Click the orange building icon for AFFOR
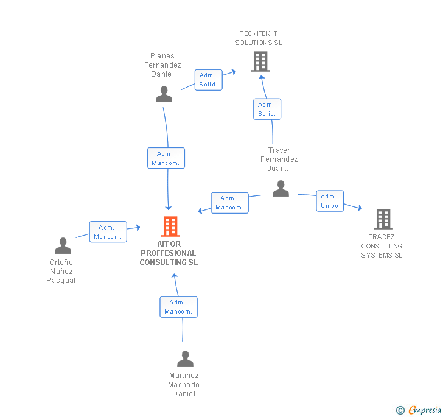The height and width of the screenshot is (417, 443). (x=170, y=226)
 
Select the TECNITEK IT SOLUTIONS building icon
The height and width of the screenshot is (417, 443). (x=260, y=61)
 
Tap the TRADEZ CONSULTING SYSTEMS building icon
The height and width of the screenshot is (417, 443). (x=383, y=219)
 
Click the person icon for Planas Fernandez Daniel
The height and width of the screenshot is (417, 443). (x=164, y=94)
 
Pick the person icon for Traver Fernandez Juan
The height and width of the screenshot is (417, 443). (x=281, y=189)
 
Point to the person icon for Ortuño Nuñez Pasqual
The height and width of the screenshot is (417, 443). (x=63, y=246)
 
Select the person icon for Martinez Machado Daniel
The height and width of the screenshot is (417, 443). (x=185, y=359)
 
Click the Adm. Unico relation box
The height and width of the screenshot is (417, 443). (x=330, y=201)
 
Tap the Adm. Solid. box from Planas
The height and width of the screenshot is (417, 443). (x=208, y=80)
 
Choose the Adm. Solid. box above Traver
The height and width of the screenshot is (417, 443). (x=267, y=109)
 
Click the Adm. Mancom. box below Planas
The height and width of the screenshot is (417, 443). (x=166, y=158)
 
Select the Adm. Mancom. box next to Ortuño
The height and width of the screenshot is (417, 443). (x=108, y=232)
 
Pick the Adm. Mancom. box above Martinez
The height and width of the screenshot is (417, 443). (x=178, y=307)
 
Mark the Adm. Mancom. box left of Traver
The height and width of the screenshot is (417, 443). (x=229, y=203)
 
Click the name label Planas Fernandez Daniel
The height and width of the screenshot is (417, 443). (x=162, y=65)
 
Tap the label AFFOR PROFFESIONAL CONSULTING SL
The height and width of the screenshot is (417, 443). (x=169, y=253)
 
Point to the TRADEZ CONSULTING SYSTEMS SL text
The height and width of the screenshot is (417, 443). (x=382, y=246)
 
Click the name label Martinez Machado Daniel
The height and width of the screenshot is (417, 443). (x=184, y=385)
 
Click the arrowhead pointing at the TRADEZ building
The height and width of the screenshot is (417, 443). (x=360, y=209)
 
